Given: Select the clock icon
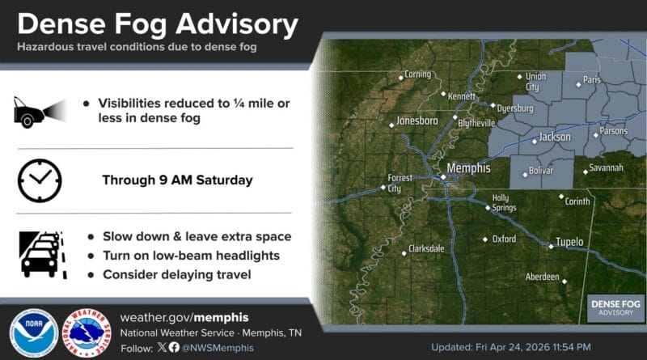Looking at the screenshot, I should click(39, 180).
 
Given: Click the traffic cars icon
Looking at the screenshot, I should click(39, 254).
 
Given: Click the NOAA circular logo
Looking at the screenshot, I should click(33, 332).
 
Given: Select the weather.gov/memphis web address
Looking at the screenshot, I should click(184, 316).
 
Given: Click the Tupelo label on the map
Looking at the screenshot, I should click(569, 242).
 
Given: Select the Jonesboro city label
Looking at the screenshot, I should click(419, 121).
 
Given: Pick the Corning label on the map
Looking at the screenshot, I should click(417, 74).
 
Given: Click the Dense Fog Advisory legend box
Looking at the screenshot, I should click(616, 307).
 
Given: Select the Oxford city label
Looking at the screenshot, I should click(504, 239).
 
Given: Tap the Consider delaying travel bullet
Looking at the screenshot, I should click(176, 275).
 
